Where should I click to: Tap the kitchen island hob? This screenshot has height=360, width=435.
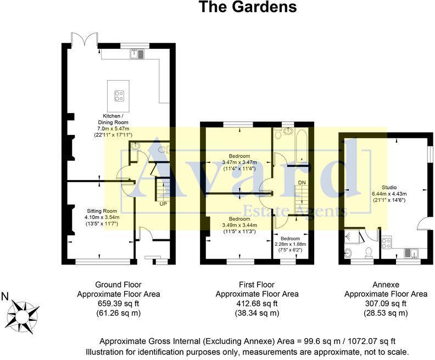(x=118, y=95)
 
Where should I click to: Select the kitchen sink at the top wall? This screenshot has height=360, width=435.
(x=136, y=53)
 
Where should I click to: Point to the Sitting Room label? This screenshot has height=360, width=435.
(x=102, y=210)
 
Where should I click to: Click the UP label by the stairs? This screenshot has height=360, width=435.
(x=163, y=204)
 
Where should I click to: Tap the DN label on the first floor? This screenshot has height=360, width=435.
(x=302, y=182)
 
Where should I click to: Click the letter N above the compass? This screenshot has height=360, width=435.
(x=5, y=297)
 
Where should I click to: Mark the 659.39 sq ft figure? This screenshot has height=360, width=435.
(x=118, y=303)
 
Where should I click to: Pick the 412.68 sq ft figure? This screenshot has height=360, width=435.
(x=256, y=303)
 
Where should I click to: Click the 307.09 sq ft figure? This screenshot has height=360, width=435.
(x=385, y=303)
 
